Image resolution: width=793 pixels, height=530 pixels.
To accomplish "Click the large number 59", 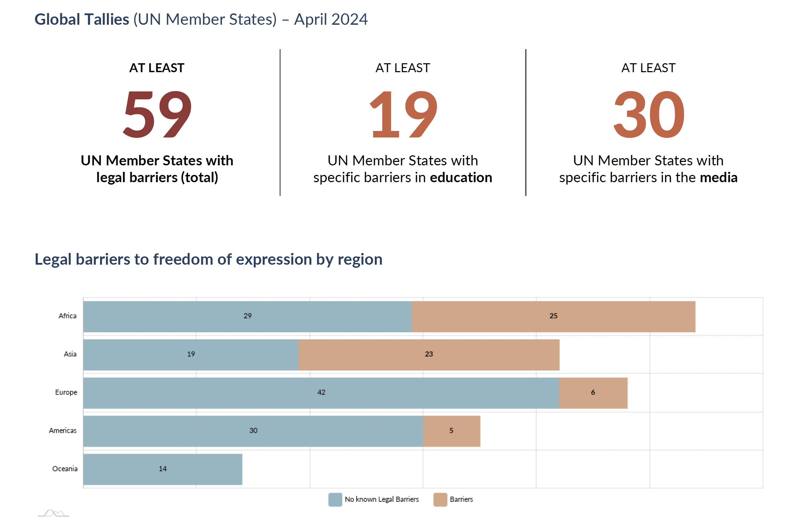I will click(x=157, y=114).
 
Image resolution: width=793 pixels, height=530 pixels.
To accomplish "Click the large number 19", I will click(x=403, y=114).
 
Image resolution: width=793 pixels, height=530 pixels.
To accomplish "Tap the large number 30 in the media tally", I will click(x=649, y=114).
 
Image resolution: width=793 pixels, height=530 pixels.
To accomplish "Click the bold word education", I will click(x=461, y=178).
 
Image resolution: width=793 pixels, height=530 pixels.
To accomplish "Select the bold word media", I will click(x=718, y=178).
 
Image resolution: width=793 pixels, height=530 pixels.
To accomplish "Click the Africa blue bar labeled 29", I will click(x=247, y=316).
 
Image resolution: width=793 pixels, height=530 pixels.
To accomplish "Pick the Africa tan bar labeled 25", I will click(x=553, y=316).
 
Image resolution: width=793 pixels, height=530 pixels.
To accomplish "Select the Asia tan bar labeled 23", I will click(x=428, y=354).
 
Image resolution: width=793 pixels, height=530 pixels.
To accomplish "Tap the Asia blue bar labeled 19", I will click(x=191, y=354).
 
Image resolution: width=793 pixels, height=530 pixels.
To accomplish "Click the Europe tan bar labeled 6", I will click(x=593, y=393).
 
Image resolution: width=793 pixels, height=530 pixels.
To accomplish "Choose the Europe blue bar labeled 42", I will click(x=321, y=393).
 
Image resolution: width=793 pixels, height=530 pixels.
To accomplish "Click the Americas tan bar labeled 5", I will click(x=451, y=431).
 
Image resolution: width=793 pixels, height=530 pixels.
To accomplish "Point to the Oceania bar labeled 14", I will click(x=163, y=469).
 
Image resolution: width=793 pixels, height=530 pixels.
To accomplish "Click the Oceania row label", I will click(x=65, y=469).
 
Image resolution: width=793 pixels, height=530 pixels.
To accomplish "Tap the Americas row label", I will click(x=63, y=431).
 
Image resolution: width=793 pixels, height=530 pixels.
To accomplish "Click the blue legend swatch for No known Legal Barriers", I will click(x=335, y=499).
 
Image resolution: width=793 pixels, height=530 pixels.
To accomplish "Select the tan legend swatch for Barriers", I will click(x=440, y=499).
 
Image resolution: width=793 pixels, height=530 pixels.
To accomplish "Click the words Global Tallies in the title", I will click(x=82, y=19).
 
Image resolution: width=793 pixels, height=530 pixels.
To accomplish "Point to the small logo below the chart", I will click(x=54, y=514).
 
